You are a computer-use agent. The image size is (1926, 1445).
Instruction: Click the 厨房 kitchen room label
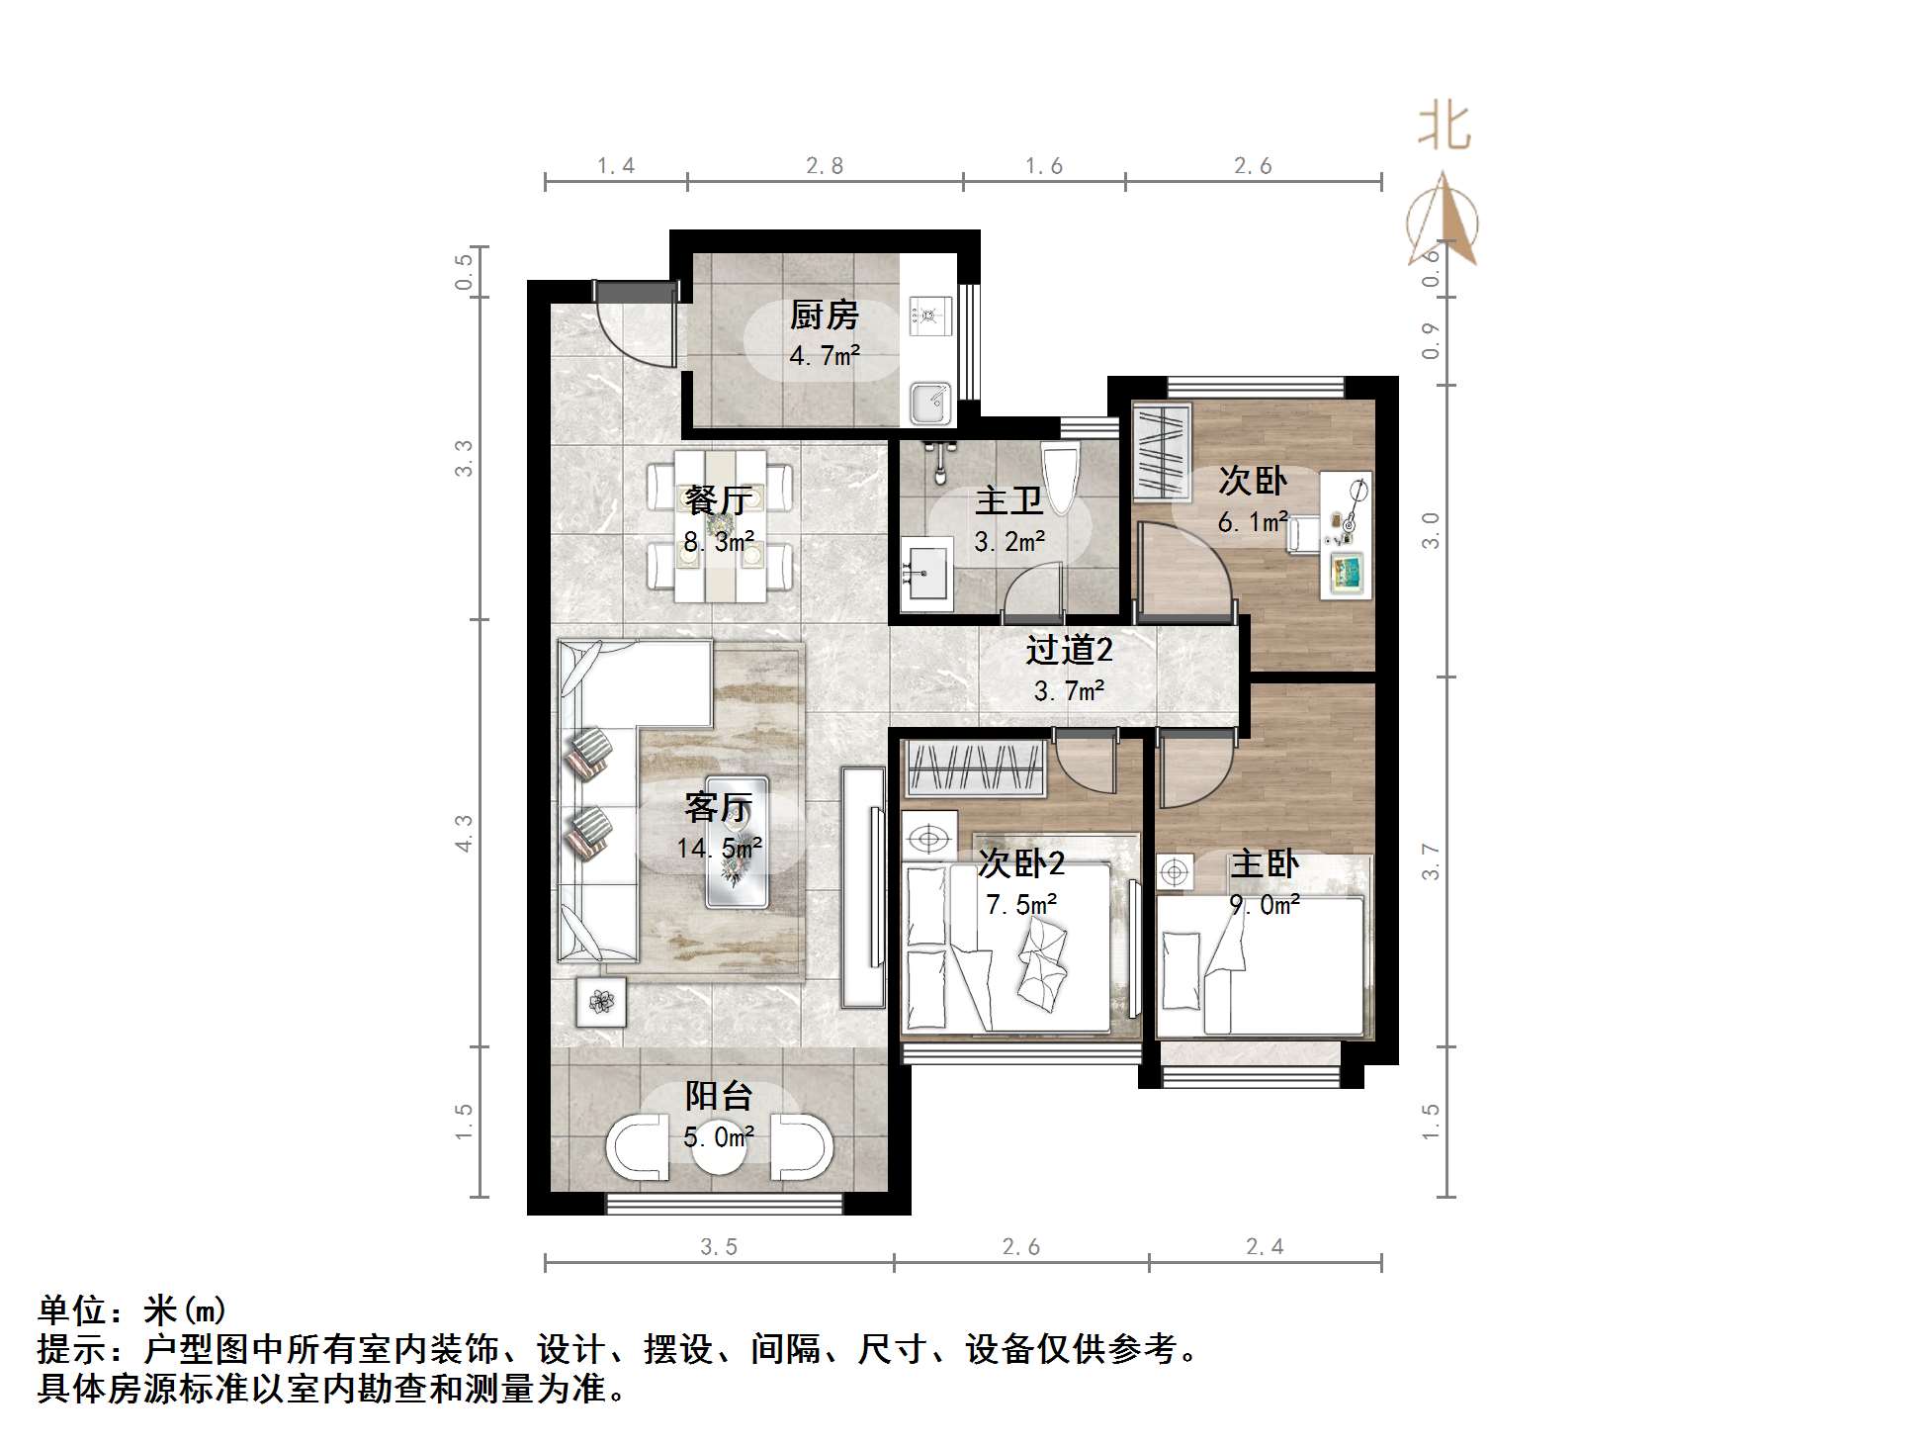824,316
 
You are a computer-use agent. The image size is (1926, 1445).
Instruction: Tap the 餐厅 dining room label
719,500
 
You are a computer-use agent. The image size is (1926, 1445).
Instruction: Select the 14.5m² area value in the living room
719,848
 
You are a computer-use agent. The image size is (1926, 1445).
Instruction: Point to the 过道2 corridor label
1069,650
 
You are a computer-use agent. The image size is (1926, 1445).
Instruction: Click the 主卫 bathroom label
1008,500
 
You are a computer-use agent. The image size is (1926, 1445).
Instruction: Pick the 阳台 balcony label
719,1096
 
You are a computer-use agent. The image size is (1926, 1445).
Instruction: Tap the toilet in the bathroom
1062,479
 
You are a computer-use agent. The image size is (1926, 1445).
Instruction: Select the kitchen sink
929,403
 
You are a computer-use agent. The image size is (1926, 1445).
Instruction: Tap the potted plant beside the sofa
601,1002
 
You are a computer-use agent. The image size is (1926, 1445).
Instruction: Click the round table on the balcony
719,1147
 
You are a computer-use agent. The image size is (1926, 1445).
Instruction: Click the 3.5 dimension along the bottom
719,1247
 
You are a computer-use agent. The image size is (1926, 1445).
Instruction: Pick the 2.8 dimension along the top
825,166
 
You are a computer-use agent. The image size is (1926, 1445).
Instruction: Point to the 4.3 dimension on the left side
463,833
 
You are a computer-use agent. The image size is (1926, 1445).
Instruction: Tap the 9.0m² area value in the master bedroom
1265,904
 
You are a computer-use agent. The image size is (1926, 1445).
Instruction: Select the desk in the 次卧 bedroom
1347,534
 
